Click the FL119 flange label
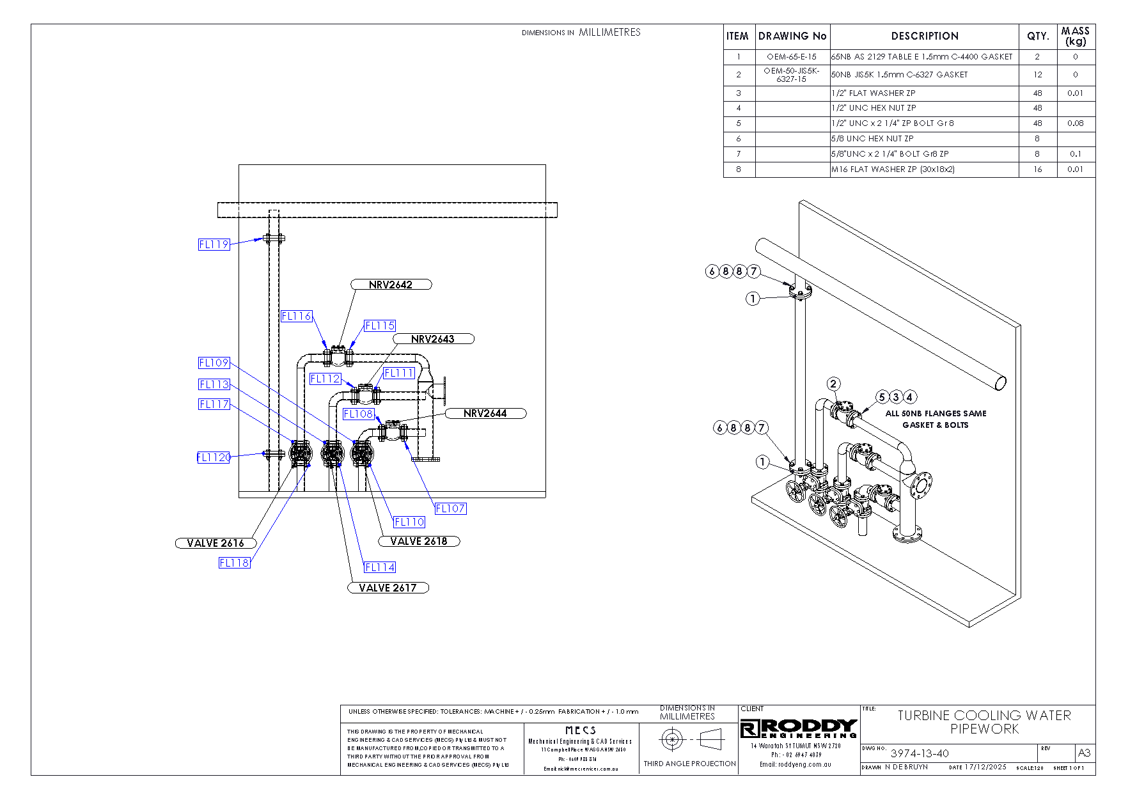(214, 244)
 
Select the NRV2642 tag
(391, 285)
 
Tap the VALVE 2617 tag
(388, 588)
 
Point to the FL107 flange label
(450, 508)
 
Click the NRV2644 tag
(485, 413)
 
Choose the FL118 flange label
(234, 563)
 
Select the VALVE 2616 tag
(216, 543)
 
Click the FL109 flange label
(214, 363)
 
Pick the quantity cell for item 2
(1037, 75)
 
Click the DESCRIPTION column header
(925, 36)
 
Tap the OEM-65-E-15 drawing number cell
(792, 57)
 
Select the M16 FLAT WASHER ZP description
(893, 169)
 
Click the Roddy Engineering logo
(799, 728)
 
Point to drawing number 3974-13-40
(920, 753)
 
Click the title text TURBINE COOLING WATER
(984, 716)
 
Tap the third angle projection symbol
(689, 740)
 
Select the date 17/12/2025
(985, 767)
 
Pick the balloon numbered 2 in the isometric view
(833, 384)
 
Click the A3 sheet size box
(1085, 753)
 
